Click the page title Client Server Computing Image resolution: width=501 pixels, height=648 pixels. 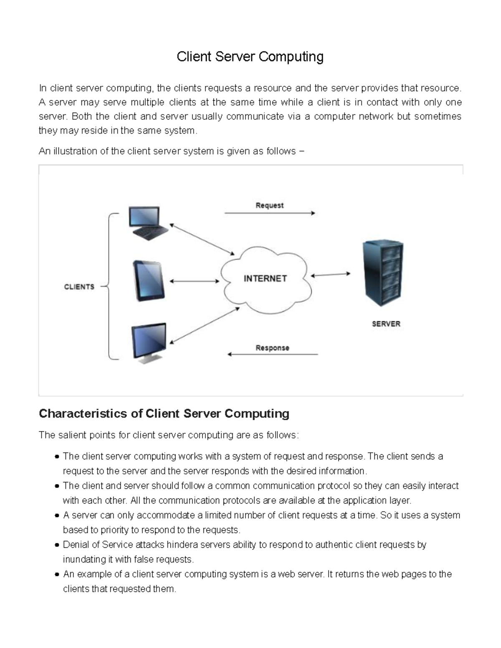click(250, 57)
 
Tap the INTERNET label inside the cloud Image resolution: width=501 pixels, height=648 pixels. click(265, 278)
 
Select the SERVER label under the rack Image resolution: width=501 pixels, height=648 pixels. click(386, 324)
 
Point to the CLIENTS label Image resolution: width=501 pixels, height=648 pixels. click(79, 287)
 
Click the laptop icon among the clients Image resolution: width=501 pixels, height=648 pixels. click(147, 223)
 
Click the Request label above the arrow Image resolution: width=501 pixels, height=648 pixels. click(269, 205)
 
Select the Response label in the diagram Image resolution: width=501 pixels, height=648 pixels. click(272, 348)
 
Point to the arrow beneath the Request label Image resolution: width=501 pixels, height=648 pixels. click(270, 213)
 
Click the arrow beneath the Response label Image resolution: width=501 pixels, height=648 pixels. click(273, 355)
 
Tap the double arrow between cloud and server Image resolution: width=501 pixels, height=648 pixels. click(331, 275)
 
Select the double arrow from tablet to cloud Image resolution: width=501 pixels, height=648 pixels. click(194, 281)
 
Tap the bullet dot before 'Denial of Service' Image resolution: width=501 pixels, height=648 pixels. click(57, 545)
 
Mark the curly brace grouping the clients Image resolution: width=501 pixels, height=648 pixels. click(109, 286)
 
